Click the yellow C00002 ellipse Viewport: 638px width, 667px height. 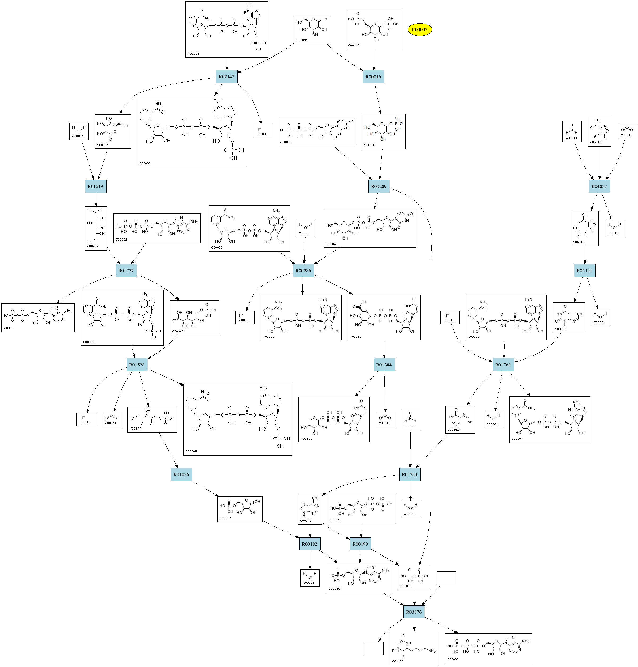point(419,30)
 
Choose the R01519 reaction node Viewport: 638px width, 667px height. point(96,186)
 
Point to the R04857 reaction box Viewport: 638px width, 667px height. point(599,186)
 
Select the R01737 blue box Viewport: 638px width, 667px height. point(126,271)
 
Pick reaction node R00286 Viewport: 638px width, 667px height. point(303,271)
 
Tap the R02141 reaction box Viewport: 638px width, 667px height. point(584,271)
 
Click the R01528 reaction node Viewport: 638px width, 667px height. point(137,365)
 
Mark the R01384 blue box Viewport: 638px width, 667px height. point(384,365)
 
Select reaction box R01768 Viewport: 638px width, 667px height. point(503,365)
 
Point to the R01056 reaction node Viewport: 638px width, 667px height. point(181,475)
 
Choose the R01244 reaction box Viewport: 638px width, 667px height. point(410,475)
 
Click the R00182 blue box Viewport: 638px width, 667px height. point(310,544)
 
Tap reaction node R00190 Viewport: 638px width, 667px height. point(360,544)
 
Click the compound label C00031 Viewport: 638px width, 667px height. point(302,40)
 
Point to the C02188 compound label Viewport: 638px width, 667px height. point(398,661)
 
